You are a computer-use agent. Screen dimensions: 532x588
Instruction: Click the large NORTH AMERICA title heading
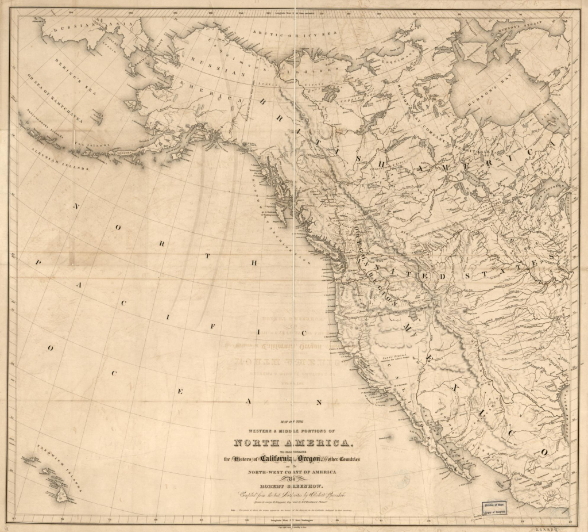click(292, 443)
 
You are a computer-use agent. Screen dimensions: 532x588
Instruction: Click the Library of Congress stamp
click(496, 506)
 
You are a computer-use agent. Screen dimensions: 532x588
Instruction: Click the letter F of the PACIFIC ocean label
click(212, 326)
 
